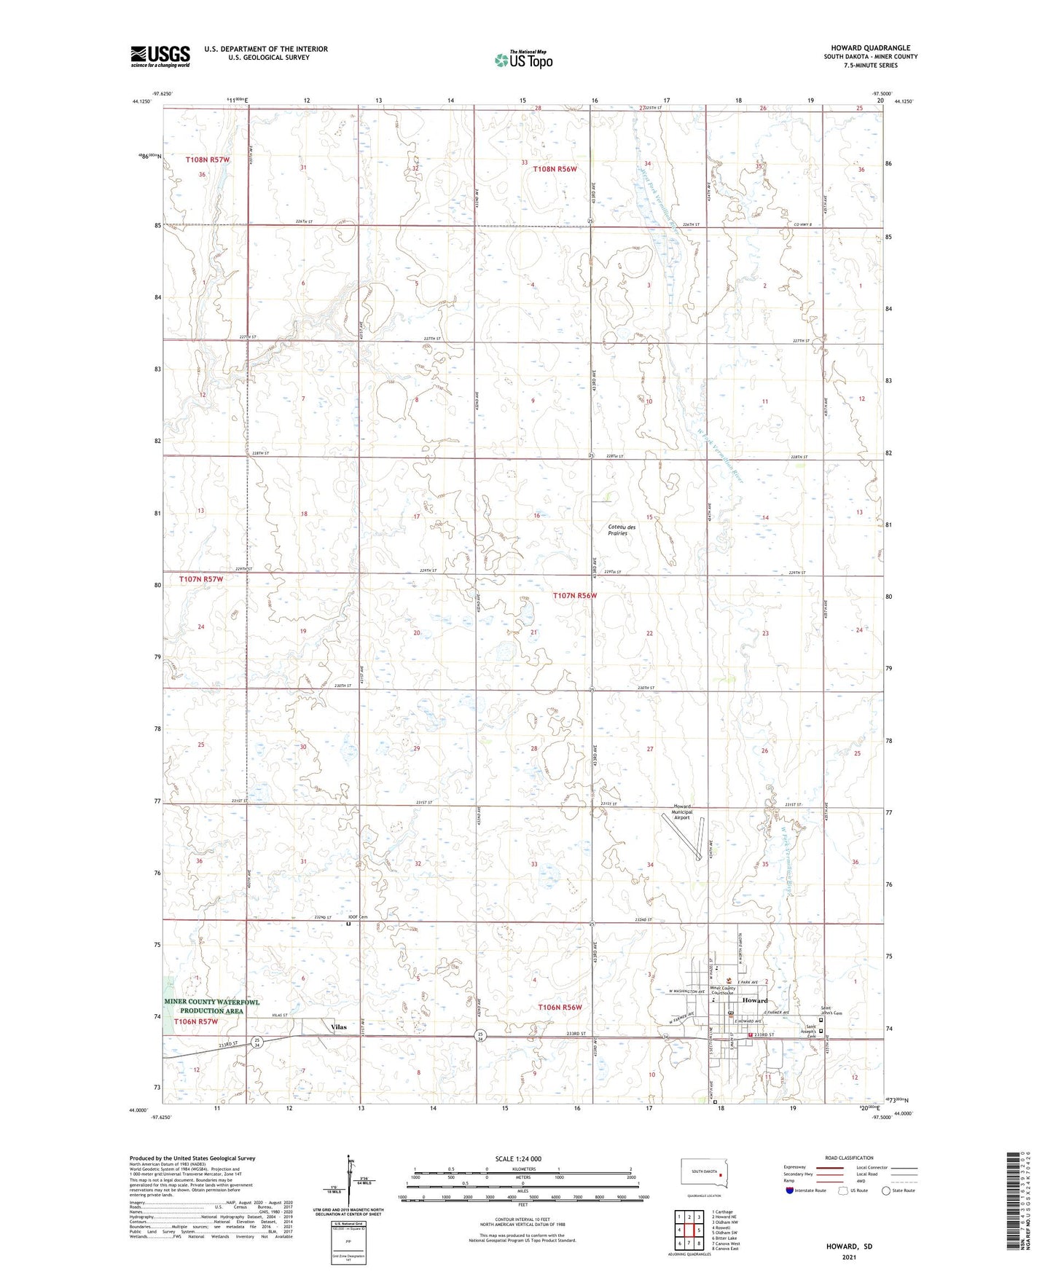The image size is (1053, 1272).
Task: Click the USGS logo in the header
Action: click(x=160, y=56)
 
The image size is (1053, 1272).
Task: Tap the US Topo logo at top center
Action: click(x=522, y=60)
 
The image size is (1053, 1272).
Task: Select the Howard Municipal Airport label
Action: click(x=681, y=812)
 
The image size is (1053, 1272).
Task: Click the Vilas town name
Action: click(x=339, y=1026)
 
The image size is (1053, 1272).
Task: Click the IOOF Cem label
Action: click(x=358, y=916)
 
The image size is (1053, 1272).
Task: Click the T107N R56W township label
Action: click(x=574, y=595)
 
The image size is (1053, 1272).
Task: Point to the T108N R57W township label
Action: click(x=207, y=159)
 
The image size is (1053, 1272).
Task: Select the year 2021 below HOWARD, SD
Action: click(x=848, y=1257)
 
